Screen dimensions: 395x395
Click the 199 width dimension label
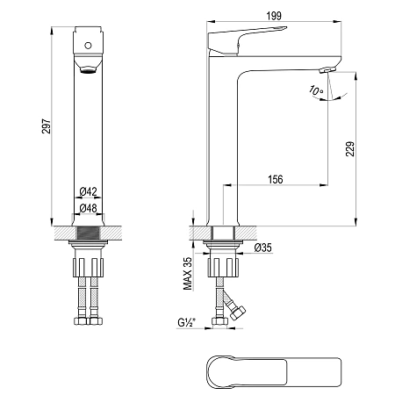[274, 16]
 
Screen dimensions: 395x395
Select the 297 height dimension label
[47, 126]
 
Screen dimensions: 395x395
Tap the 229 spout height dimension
[350, 149]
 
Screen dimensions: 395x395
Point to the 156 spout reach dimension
[276, 179]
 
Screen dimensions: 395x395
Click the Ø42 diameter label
[88, 191]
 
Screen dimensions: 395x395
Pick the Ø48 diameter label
[88, 208]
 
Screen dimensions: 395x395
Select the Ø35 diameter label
[262, 248]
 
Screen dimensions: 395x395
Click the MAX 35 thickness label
[188, 274]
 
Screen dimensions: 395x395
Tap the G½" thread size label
[186, 322]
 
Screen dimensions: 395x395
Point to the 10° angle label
[316, 90]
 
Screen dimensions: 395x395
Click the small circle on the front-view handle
[88, 46]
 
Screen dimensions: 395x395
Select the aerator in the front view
[88, 69]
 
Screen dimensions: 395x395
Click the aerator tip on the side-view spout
[328, 70]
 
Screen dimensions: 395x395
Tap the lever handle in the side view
[246, 40]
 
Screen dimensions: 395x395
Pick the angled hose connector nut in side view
[237, 313]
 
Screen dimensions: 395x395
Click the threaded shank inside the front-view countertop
[88, 233]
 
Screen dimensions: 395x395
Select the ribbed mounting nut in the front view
[88, 268]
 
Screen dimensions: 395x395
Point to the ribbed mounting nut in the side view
[223, 268]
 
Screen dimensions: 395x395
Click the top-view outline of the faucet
[274, 372]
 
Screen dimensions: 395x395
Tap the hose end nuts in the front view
[88, 320]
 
